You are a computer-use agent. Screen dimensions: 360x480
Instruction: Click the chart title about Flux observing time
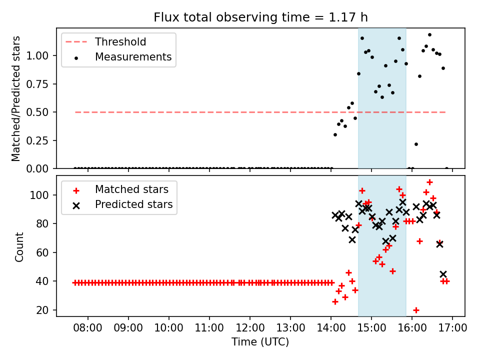260,17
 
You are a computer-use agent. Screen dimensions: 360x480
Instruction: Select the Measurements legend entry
133,57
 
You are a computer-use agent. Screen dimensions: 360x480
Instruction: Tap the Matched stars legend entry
131,189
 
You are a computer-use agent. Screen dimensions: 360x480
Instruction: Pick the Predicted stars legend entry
133,204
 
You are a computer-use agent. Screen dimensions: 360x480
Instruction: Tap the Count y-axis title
19,246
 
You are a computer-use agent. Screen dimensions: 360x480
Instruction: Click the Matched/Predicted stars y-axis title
16,98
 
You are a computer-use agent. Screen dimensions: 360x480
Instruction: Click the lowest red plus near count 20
416,310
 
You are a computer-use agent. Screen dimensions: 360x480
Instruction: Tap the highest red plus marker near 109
429,182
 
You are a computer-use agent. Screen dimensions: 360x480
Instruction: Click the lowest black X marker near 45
443,274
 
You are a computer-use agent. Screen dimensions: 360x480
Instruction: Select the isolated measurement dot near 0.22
416,144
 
